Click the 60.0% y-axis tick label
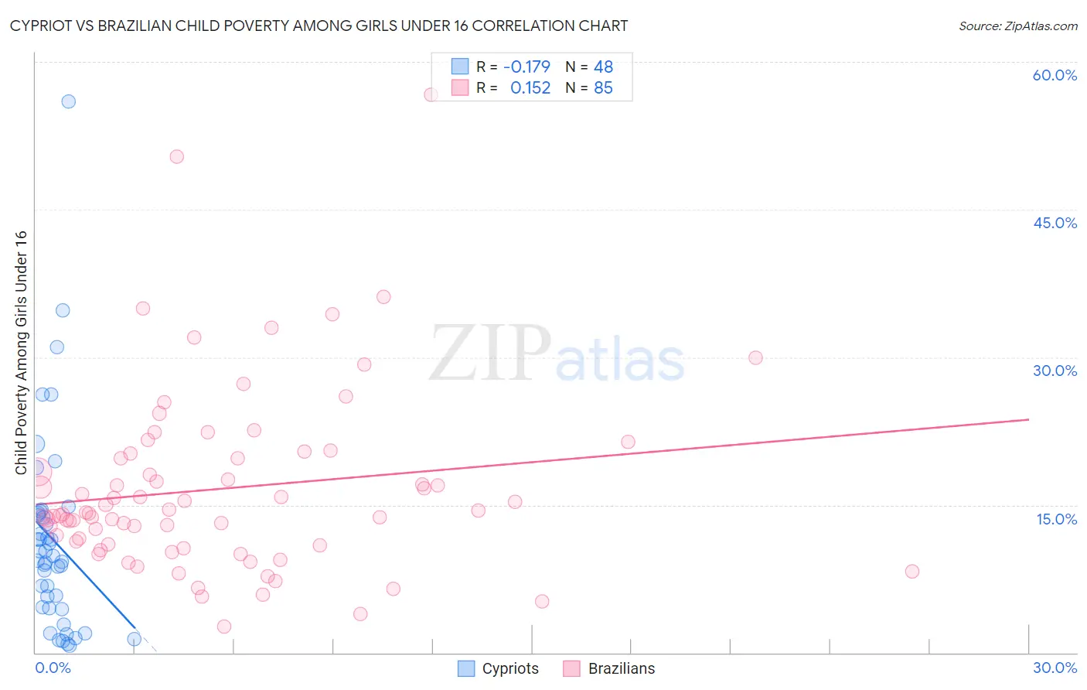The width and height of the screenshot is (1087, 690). coord(1055,75)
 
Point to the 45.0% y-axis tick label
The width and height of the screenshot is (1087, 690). coord(1055,223)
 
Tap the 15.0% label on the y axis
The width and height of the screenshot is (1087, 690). coord(1056,519)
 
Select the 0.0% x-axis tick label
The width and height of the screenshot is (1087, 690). coord(53,668)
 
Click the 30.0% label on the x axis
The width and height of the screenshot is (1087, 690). coord(1055,668)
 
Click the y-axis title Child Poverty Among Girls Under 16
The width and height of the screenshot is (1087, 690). coord(21,352)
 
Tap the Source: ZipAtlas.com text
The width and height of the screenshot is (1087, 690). coord(1017,26)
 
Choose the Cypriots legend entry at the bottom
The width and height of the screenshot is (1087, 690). coord(499,668)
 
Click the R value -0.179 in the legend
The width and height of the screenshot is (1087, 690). coord(526,67)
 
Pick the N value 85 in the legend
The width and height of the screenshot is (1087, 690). coord(603,88)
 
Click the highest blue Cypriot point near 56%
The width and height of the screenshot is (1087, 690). coord(68,101)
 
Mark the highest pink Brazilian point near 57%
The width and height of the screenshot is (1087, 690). coord(431,94)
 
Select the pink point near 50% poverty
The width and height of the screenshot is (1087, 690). coord(176,156)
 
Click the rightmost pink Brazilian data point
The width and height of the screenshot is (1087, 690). coord(912,572)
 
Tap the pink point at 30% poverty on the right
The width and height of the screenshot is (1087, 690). coord(755,357)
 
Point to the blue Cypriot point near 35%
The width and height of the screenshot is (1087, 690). coord(63,310)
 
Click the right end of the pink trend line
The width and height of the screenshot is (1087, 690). coord(1028,419)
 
